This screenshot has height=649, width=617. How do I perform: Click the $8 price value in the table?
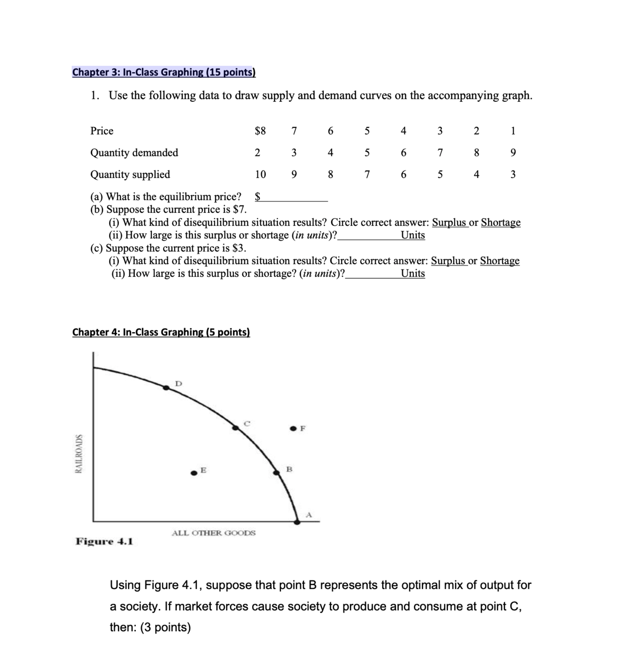pos(260,131)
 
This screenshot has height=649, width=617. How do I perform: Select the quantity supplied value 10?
pos(260,174)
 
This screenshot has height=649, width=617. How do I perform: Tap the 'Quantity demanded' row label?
pos(134,153)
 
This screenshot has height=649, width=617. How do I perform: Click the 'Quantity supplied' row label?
pos(130,174)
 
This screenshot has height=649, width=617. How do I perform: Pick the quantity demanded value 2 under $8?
pos(257,153)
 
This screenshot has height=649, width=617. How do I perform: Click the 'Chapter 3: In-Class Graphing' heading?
pos(164,72)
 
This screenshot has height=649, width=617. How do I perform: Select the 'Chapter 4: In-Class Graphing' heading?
pos(161,332)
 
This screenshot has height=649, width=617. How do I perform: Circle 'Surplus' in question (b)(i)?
pos(449,222)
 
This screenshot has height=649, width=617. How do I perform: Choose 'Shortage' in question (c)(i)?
pos(500,260)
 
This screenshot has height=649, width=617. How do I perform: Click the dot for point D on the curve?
pos(166,388)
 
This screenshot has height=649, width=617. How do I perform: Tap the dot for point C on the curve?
pos(236,428)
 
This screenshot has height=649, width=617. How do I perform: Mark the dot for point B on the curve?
pos(276,472)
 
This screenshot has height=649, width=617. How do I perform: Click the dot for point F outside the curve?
pos(293,428)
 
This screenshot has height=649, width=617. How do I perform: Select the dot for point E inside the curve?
pos(194,473)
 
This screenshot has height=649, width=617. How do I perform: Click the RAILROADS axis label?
pos(79,453)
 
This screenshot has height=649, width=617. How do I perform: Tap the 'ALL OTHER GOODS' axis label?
pos(213,533)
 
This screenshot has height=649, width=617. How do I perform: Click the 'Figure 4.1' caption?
pos(104,541)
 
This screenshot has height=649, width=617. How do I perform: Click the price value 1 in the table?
pos(513,131)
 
